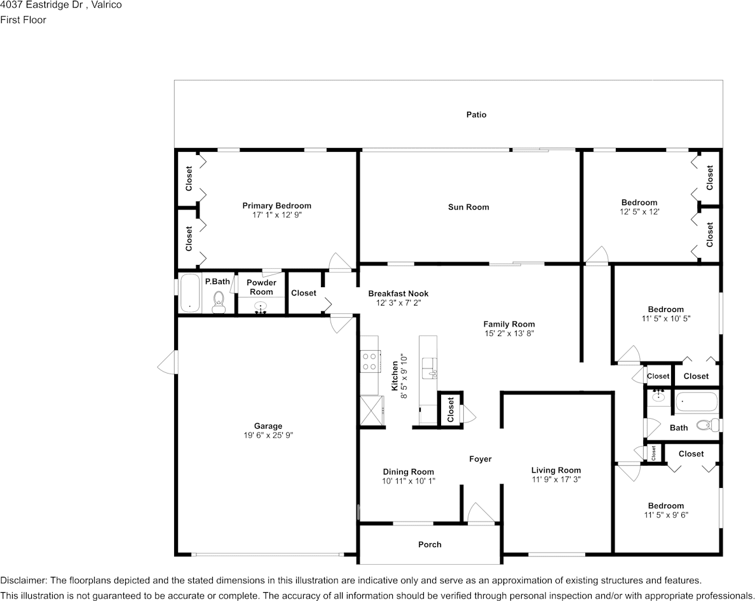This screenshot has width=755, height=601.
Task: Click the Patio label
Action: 476,115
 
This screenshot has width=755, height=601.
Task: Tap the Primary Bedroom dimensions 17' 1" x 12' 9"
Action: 276,215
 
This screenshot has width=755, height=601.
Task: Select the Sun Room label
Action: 468,207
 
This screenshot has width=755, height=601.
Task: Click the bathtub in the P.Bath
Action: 190,293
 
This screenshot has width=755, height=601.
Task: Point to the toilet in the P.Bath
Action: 219,300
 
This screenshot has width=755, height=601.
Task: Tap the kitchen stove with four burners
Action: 369,362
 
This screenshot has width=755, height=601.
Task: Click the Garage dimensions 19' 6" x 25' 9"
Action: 268,436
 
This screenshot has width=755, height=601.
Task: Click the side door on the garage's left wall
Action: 168,364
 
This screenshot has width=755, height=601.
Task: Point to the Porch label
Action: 430,544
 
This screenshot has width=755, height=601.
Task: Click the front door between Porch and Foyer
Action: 480,515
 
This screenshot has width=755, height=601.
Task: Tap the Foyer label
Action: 480,459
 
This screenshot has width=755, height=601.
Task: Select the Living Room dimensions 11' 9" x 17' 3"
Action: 556,480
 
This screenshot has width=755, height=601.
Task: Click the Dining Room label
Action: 408,472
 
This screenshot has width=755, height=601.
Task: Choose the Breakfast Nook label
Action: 398,294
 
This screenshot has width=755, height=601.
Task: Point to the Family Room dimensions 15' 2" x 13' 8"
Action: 509,333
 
